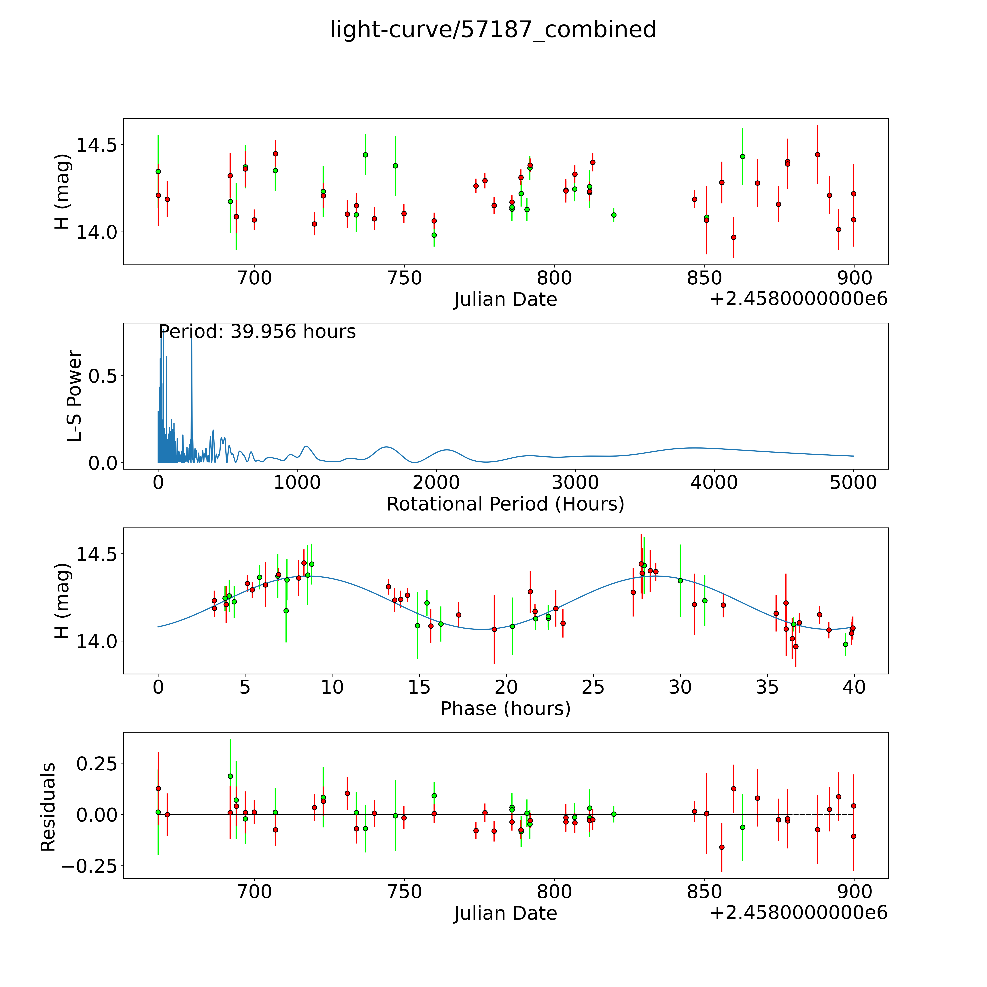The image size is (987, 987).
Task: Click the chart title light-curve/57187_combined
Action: (493, 30)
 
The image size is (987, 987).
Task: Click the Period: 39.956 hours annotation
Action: (257, 332)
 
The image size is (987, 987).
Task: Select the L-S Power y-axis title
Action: (74, 396)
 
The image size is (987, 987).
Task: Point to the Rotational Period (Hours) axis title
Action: (505, 504)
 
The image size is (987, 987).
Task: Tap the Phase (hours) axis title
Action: (505, 709)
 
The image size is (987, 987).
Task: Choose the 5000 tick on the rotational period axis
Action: (853, 483)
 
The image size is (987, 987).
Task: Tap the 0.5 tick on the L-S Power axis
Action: (103, 376)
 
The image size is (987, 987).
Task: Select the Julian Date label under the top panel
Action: (505, 299)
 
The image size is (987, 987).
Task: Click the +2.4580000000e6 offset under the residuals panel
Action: (799, 912)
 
